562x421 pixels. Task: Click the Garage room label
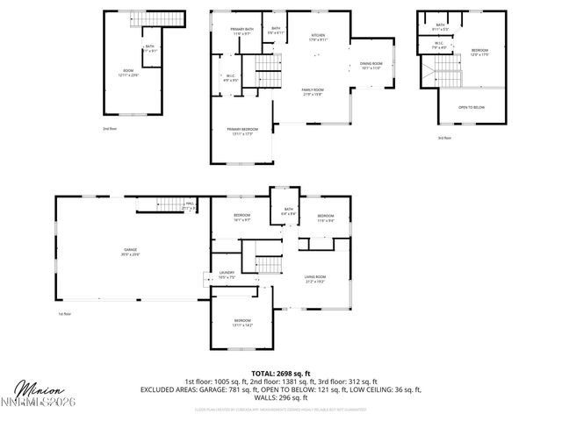pyautogui.click(x=130, y=253)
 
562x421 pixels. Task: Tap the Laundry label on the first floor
pyautogui.click(x=226, y=275)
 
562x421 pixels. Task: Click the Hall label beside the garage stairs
pyautogui.click(x=190, y=206)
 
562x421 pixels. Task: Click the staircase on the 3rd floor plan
pyautogui.click(x=429, y=69)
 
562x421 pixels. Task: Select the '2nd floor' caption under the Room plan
pyautogui.click(x=110, y=129)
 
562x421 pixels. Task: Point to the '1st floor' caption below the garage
pyautogui.click(x=64, y=313)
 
